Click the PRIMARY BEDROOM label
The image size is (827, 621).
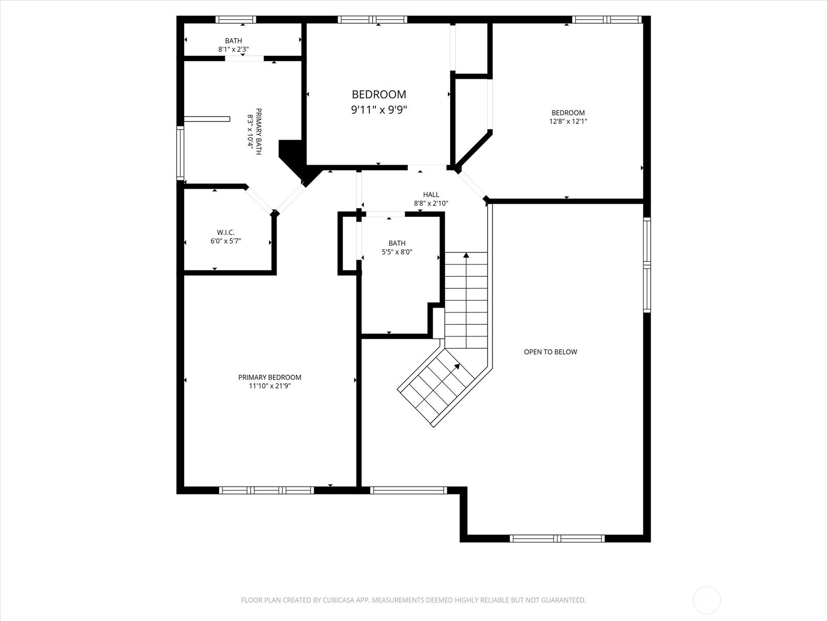tap(269, 377)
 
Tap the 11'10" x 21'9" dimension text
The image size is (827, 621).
tap(269, 386)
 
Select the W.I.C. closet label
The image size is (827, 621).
tap(225, 232)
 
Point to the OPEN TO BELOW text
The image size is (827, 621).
tap(550, 352)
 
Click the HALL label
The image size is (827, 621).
tap(431, 195)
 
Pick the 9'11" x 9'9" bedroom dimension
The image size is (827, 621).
tap(379, 110)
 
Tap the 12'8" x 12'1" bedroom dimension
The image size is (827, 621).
tap(568, 122)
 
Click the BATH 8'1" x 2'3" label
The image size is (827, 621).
tap(233, 41)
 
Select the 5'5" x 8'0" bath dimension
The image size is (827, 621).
tap(396, 252)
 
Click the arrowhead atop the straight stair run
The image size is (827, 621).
tap(466, 255)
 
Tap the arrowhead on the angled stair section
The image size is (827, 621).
tap(457, 366)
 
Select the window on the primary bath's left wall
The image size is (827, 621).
tap(180, 153)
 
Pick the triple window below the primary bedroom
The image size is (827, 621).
tap(266, 490)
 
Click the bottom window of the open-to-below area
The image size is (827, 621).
tap(557, 538)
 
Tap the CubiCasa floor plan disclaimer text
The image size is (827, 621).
tap(413, 600)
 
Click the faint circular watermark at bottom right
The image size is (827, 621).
tap(707, 600)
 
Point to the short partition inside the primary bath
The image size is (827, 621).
tap(207, 119)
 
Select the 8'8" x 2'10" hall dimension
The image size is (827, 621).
tap(431, 204)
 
